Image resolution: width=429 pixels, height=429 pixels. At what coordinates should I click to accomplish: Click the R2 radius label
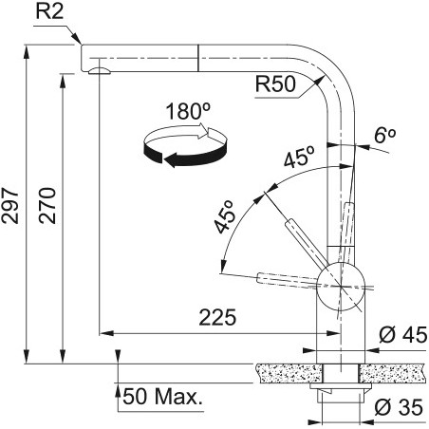point(49,11)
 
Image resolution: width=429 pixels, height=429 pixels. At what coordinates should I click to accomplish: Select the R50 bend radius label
point(275,84)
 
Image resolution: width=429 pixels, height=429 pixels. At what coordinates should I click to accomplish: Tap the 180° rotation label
point(188,111)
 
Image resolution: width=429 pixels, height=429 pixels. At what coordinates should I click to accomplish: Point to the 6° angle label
point(384,136)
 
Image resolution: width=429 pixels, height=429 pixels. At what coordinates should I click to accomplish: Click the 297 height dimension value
point(10,206)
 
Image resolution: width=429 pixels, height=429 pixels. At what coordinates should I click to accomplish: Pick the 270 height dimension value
point(47,206)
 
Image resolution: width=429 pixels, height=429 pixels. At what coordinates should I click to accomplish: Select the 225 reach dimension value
point(217,317)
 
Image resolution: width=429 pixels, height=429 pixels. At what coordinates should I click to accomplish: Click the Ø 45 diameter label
point(403,335)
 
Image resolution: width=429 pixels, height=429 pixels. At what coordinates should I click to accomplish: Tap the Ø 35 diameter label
point(399,407)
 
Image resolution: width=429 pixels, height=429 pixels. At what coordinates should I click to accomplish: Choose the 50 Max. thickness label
point(162,397)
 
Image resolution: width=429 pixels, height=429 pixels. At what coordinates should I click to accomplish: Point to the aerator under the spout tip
point(100,71)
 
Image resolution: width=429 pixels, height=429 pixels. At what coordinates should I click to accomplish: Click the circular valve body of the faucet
point(341,286)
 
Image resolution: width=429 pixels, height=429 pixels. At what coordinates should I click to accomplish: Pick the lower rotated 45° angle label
point(225,217)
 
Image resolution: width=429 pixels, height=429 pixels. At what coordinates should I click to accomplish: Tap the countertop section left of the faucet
point(289,373)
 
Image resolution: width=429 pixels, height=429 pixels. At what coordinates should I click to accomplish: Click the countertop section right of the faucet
point(393,373)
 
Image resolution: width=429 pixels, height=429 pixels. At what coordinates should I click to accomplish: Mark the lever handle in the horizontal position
point(288,280)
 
